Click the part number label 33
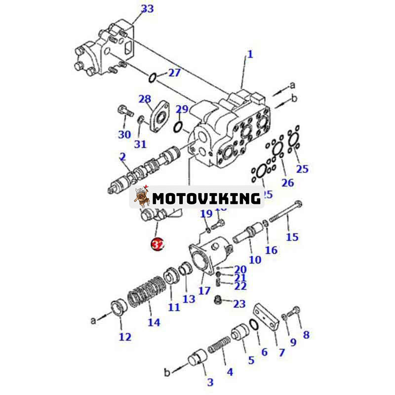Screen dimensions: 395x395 pyautogui.click(x=147, y=8)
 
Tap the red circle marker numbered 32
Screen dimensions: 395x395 pyautogui.click(x=157, y=244)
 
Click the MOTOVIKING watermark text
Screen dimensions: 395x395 pyautogui.click(x=206, y=198)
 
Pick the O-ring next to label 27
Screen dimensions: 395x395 pyautogui.click(x=154, y=77)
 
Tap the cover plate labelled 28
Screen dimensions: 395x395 pyautogui.click(x=158, y=116)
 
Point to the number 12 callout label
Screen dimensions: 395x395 pyautogui.click(x=125, y=337)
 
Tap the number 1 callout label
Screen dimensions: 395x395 pyautogui.click(x=250, y=54)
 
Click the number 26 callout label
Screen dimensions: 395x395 pyautogui.click(x=287, y=183)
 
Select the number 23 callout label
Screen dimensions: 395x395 pyautogui.click(x=239, y=304)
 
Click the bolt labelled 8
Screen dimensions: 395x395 pyautogui.click(x=296, y=311)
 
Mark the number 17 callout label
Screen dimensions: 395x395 pyautogui.click(x=204, y=291)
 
